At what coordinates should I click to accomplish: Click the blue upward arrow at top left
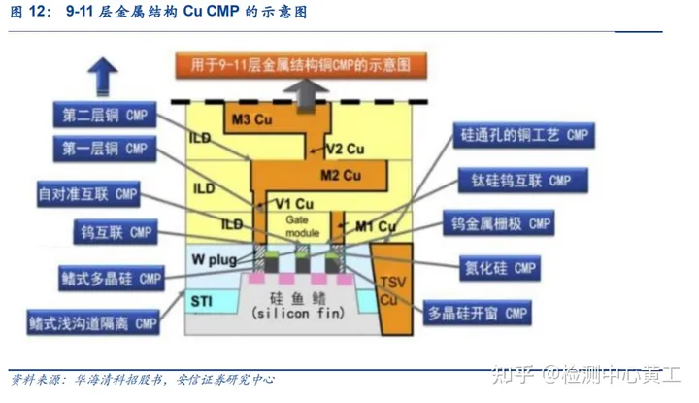point(103,74)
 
